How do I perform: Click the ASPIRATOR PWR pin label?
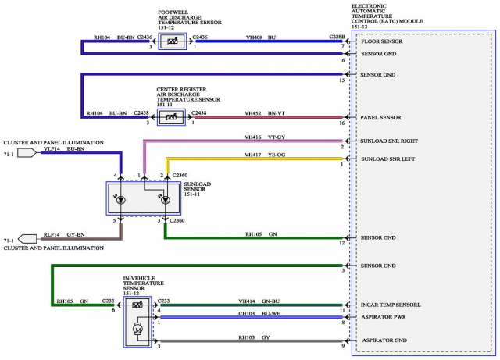(384, 318)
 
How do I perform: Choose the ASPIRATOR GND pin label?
(384, 342)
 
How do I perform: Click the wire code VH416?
(253, 137)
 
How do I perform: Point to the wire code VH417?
(253, 155)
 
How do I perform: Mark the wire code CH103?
(248, 312)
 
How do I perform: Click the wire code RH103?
(248, 337)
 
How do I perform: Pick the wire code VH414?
(248, 301)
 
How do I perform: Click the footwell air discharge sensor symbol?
(171, 42)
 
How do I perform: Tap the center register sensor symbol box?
(170, 118)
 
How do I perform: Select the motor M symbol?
(138, 330)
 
